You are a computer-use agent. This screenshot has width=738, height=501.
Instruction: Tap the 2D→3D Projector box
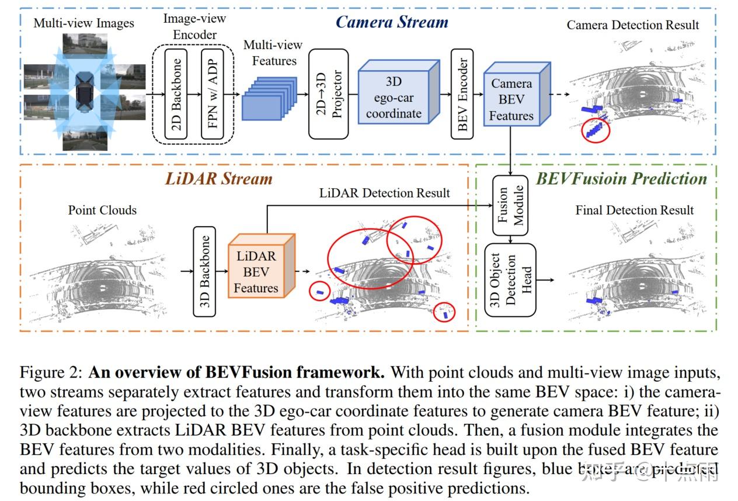tap(328, 94)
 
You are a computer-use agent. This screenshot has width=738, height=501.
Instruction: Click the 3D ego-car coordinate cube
tap(394, 96)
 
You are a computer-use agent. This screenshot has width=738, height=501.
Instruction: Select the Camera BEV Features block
tap(511, 99)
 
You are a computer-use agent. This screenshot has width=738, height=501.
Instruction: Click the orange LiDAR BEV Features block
tap(257, 271)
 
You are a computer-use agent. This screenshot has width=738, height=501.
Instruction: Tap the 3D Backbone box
tap(204, 271)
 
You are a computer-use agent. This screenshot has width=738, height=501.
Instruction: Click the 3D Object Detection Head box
tap(510, 280)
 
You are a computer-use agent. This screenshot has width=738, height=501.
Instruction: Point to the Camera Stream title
tap(392, 22)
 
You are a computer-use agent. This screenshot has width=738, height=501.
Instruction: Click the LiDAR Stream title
tap(219, 178)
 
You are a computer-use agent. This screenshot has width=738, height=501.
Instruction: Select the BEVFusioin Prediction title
tap(621, 178)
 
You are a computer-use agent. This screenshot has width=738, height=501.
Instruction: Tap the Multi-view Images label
tap(83, 23)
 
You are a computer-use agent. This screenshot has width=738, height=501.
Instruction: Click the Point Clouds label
tap(102, 210)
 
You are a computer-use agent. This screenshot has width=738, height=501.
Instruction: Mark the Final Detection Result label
tap(635, 210)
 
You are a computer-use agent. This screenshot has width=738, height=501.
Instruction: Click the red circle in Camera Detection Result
tap(596, 130)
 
